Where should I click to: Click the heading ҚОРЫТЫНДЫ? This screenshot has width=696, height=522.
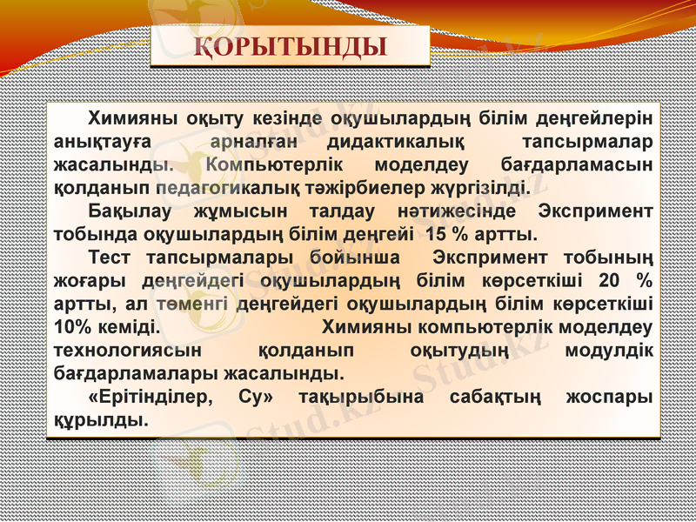pyautogui.click(x=290, y=47)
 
